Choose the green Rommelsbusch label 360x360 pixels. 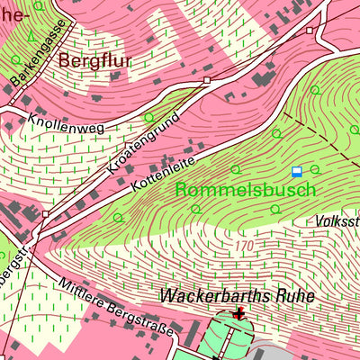tap(246, 190)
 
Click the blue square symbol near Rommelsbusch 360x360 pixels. tap(297, 171)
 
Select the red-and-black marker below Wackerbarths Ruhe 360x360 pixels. tap(238, 313)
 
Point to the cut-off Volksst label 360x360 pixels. tap(338, 220)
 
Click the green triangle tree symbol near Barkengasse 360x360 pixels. tap(34, 37)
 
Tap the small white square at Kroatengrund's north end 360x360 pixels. tap(206, 80)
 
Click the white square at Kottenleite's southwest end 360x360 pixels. tap(46, 213)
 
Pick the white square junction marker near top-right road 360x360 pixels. tap(309, 30)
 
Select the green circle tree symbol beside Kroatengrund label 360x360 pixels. tap(149, 117)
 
